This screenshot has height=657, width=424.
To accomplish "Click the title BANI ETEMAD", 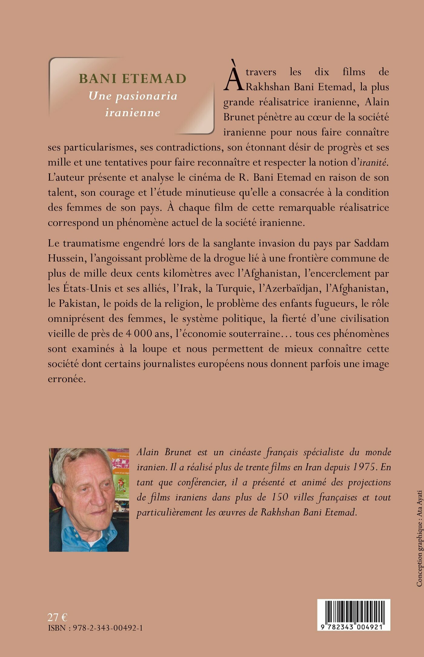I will tap(132, 79).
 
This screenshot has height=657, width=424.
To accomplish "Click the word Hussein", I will tap(65, 258).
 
